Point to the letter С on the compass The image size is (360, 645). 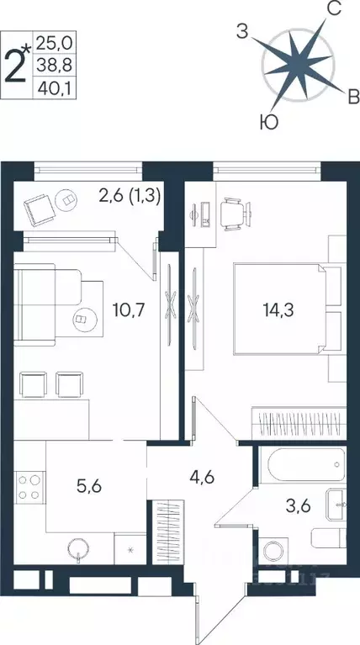pyautogui.click(x=332, y=10)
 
